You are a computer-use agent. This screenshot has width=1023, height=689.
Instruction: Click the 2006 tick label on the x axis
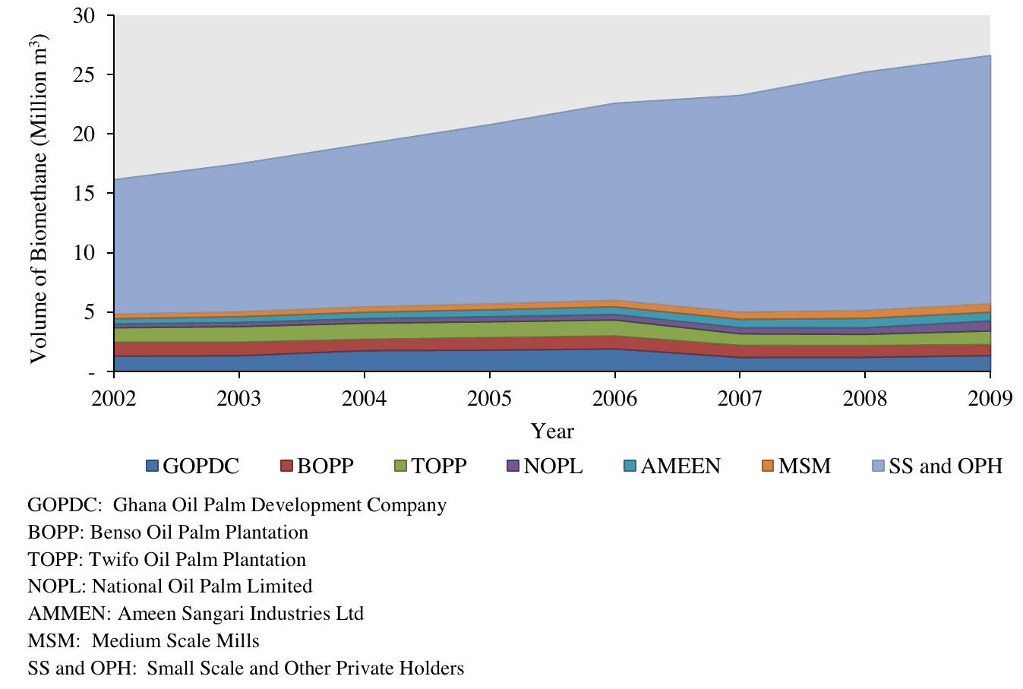click(614, 399)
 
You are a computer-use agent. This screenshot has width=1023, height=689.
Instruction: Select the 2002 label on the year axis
click(113, 399)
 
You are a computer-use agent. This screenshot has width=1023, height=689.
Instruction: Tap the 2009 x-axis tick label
click(990, 399)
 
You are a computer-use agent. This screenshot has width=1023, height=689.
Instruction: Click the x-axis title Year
click(552, 431)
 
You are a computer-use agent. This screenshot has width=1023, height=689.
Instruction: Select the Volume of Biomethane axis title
click(39, 197)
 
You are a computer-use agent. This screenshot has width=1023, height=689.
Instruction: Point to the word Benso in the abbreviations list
click(113, 533)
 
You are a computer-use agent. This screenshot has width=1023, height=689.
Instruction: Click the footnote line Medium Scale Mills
click(175, 641)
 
